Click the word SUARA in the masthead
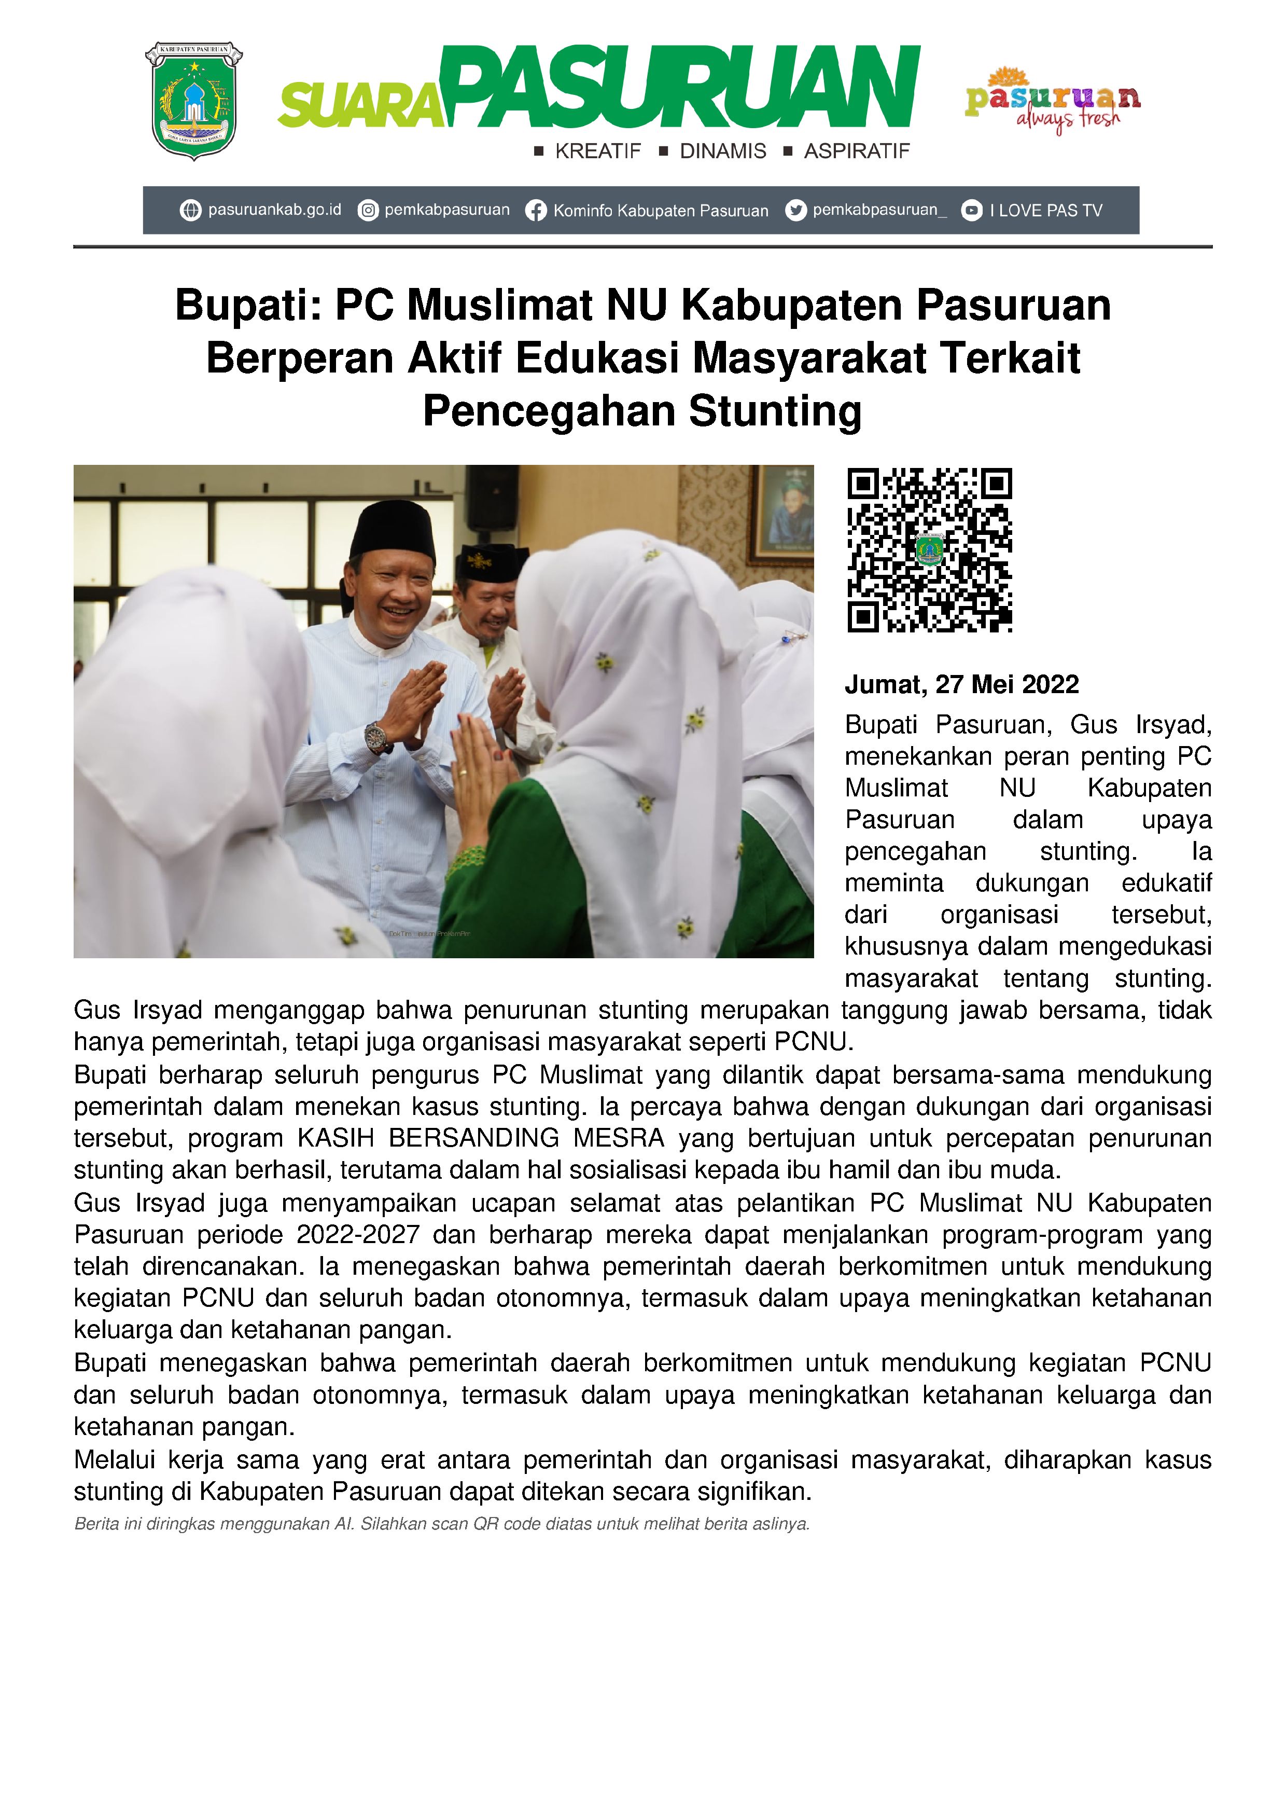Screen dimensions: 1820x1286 (360, 107)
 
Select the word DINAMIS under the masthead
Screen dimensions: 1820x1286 (723, 151)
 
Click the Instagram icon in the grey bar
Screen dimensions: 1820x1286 (368, 211)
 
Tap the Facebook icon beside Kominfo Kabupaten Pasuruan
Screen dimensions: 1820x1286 (536, 211)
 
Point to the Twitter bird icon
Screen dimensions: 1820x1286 (795, 211)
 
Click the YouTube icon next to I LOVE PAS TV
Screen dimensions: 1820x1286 (971, 211)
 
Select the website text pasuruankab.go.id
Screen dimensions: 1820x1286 (274, 210)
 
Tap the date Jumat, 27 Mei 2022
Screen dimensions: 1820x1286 (961, 684)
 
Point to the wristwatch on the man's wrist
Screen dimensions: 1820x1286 (375, 737)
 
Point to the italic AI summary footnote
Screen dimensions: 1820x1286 (441, 1524)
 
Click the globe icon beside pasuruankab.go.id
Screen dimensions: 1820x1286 (190, 211)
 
